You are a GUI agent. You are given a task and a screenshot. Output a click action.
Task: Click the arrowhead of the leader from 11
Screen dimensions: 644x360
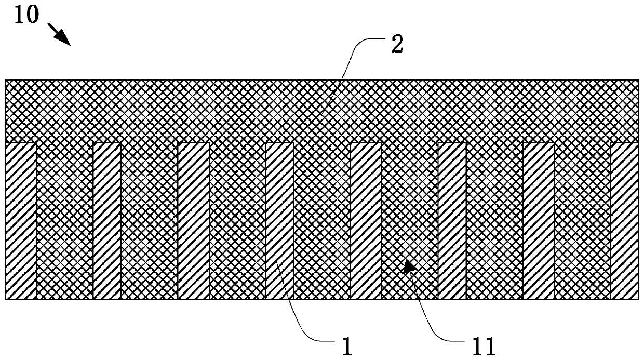(x=409, y=266)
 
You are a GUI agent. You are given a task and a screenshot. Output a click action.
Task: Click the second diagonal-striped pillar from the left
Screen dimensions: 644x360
(x=107, y=221)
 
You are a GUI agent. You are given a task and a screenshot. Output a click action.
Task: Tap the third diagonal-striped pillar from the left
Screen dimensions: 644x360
(x=193, y=221)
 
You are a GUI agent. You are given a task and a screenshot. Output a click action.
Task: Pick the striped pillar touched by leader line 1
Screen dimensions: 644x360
(x=279, y=221)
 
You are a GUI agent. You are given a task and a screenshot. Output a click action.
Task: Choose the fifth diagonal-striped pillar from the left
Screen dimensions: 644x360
(x=366, y=221)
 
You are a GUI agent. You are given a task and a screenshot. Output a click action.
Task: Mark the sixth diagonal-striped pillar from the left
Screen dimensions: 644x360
(x=452, y=221)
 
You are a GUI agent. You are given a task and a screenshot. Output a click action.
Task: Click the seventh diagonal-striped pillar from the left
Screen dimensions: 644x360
(x=538, y=221)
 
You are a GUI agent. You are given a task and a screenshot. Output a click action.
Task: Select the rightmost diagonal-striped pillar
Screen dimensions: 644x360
(x=624, y=221)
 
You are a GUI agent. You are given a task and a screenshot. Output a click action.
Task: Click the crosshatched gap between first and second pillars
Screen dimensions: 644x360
(x=65, y=221)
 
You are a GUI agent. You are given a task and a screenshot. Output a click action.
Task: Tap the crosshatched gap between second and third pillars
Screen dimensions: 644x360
(x=150, y=221)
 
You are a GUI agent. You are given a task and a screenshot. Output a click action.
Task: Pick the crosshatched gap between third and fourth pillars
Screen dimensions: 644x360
(x=237, y=221)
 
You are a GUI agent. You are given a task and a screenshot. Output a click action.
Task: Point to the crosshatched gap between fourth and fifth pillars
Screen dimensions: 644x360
(x=322, y=221)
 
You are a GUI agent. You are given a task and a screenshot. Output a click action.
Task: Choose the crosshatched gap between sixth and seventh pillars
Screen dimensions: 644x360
(x=494, y=221)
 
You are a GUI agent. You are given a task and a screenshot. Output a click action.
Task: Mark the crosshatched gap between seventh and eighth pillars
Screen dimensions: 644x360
(x=582, y=221)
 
